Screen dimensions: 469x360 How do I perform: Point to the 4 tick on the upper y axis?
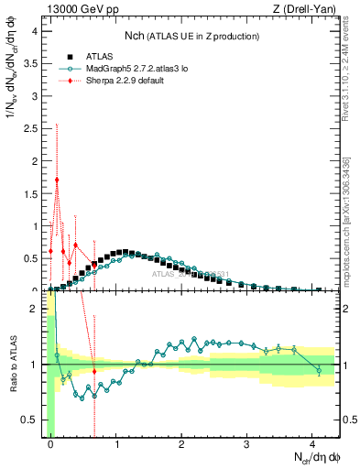[x=36, y=31]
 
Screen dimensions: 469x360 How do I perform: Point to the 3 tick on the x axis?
[x=247, y=443]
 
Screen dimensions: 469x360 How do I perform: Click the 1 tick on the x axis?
[x=116, y=443]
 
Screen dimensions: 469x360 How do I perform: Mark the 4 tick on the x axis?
[x=313, y=443]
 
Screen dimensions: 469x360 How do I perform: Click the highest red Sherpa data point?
[x=57, y=180]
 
